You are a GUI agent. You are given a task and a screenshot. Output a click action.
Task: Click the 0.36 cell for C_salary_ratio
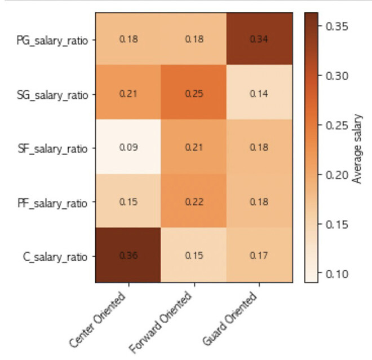tap(128, 255)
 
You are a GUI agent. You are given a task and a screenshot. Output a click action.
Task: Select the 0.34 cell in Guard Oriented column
tap(259, 39)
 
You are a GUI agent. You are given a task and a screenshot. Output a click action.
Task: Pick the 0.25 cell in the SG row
tap(193, 93)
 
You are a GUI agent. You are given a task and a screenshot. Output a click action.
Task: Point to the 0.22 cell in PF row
tap(193, 201)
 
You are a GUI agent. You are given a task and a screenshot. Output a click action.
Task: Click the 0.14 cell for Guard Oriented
tap(259, 93)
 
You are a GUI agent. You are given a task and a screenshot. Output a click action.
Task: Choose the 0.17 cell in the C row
tap(259, 255)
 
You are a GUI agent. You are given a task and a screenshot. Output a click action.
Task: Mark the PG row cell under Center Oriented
tap(128, 39)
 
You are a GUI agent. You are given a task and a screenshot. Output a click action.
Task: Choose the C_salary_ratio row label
tap(57, 256)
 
